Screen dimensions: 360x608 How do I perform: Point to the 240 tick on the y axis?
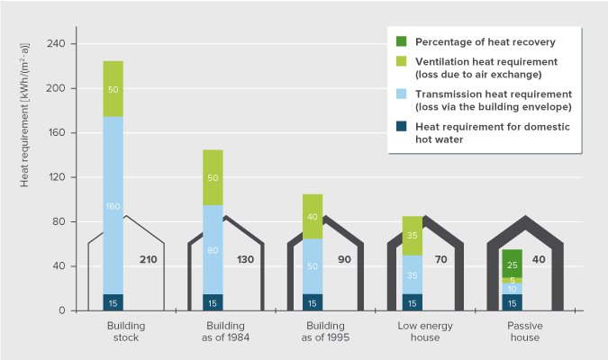coord(68,44)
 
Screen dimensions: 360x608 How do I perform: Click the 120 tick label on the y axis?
coord(68,177)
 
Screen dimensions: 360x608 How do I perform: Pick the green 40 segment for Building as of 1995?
coord(312,216)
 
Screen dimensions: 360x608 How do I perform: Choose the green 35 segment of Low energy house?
coord(411,236)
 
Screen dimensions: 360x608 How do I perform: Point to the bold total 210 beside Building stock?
coord(150,260)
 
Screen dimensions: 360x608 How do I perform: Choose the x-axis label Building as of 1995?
coord(312,332)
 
